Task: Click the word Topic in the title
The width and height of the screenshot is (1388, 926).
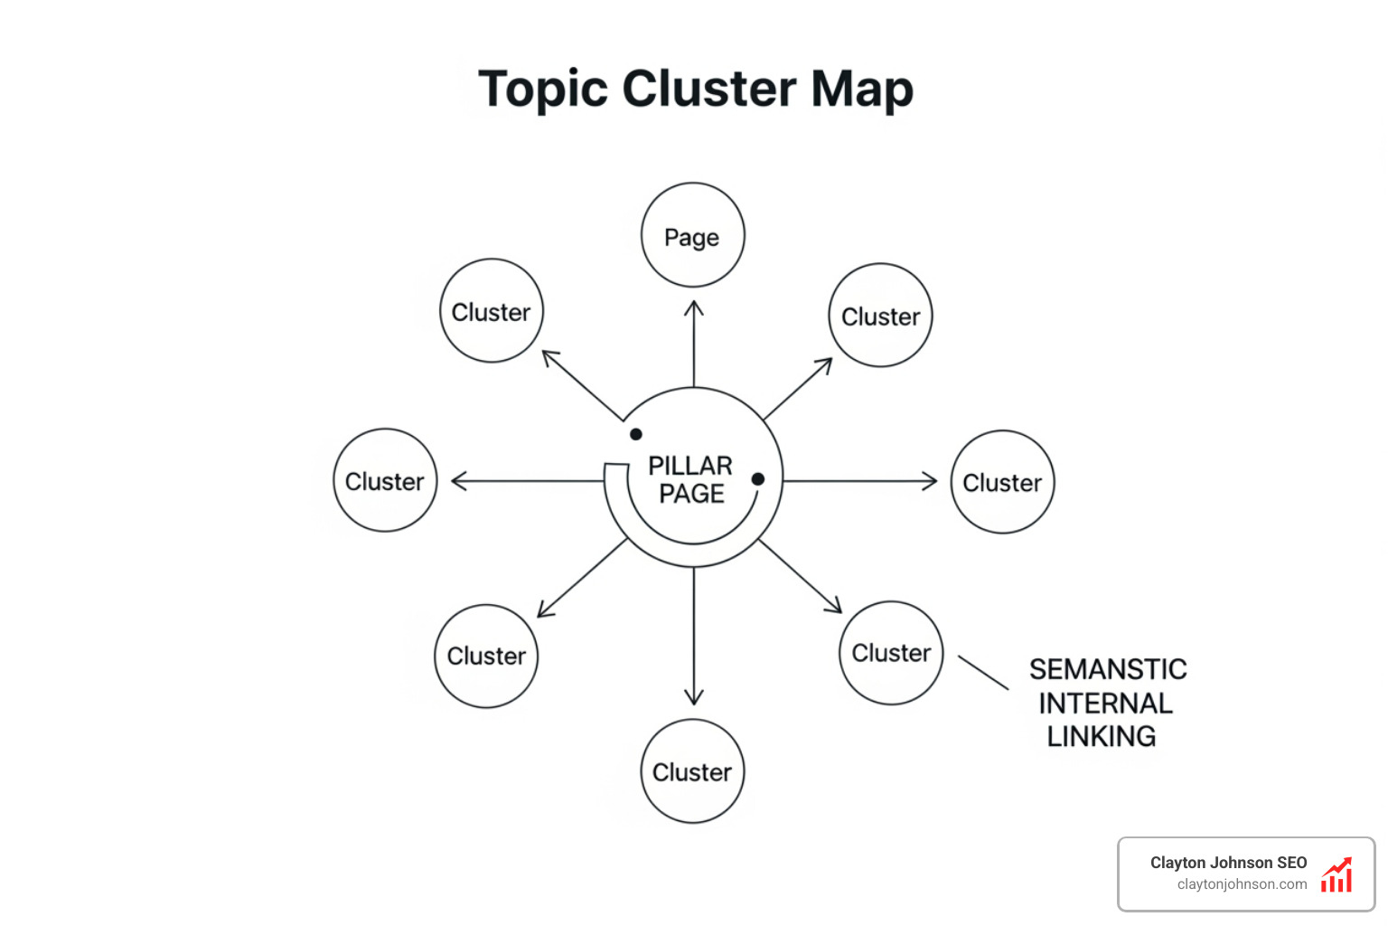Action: click(x=542, y=90)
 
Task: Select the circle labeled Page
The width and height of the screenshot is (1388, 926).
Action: click(x=692, y=236)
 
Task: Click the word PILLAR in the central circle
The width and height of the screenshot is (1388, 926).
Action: click(x=690, y=466)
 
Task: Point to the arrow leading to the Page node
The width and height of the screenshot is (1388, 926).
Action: click(x=694, y=344)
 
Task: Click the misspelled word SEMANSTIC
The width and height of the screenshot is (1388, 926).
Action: click(x=1108, y=669)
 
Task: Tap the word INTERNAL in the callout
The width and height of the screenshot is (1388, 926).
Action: click(x=1105, y=704)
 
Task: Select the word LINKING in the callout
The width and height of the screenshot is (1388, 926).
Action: click(x=1101, y=737)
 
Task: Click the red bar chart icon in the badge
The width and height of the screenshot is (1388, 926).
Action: click(x=1336, y=875)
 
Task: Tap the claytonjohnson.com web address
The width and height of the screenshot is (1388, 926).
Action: click(x=1242, y=884)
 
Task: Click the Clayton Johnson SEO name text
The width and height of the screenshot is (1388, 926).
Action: click(x=1228, y=863)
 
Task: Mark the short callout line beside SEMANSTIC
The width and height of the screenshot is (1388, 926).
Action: click(x=983, y=673)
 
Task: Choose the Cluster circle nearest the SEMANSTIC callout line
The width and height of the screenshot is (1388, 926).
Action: click(x=891, y=653)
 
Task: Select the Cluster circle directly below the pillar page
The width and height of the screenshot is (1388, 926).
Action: click(x=692, y=771)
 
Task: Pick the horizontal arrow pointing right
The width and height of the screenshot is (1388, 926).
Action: click(x=859, y=481)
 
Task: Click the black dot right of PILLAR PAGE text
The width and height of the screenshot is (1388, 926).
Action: click(x=758, y=479)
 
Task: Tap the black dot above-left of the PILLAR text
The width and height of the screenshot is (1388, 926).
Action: click(x=636, y=434)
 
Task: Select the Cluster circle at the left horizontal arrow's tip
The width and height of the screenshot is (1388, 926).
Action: click(x=385, y=481)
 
